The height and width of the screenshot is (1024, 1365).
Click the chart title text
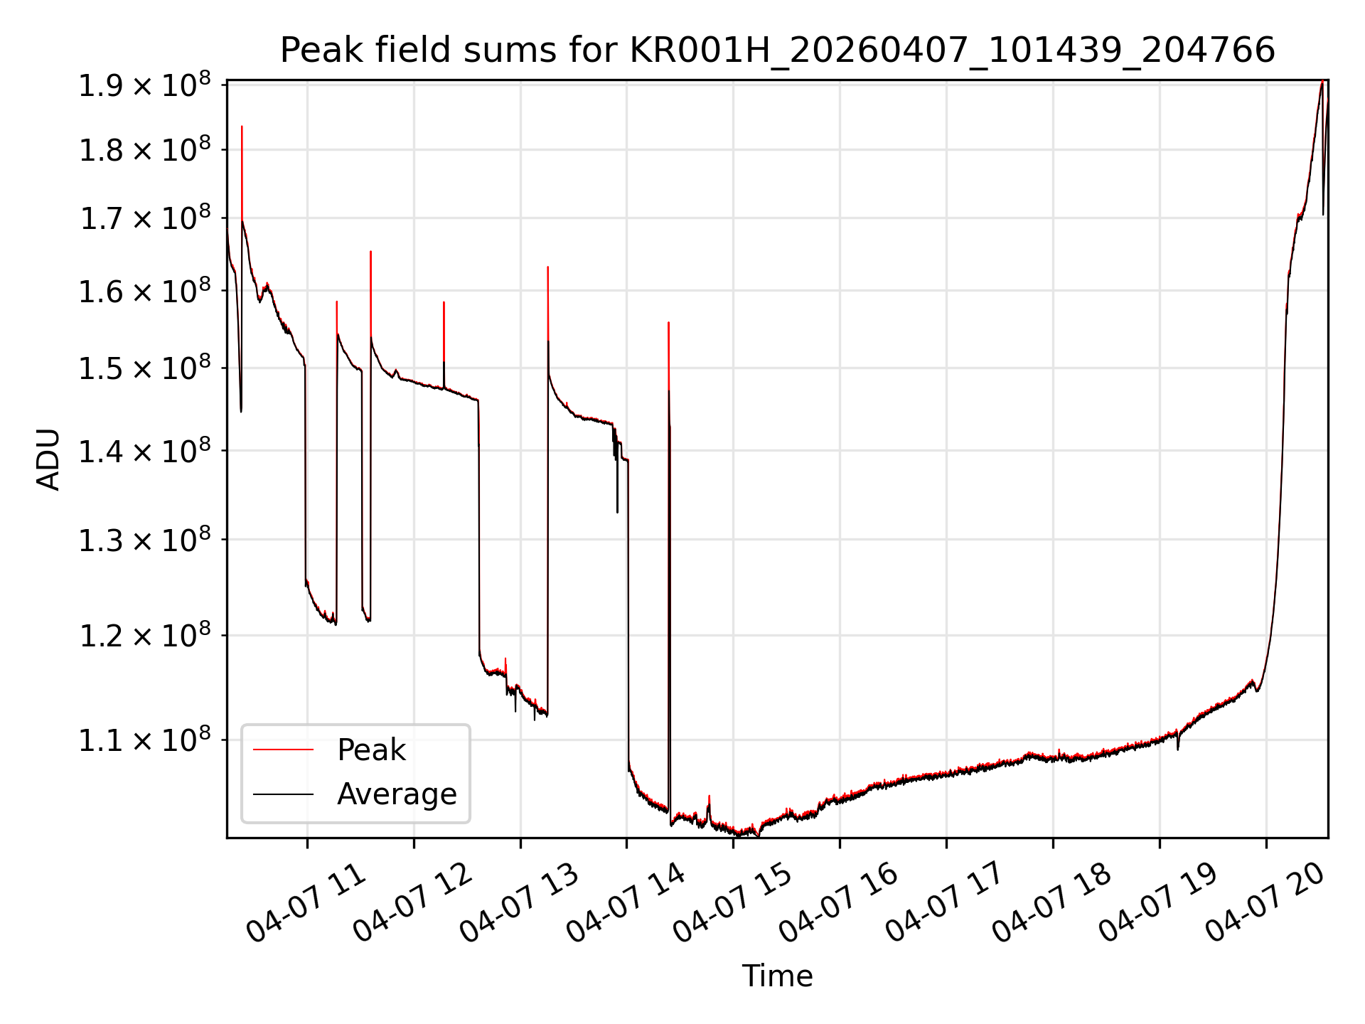click(777, 50)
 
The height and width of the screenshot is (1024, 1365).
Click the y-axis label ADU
click(48, 459)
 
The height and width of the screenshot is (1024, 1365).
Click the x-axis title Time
click(777, 976)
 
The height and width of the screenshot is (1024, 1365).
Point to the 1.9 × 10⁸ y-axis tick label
click(144, 85)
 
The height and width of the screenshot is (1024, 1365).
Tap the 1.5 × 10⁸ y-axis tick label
click(144, 368)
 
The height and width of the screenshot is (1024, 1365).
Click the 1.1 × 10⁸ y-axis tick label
click(144, 740)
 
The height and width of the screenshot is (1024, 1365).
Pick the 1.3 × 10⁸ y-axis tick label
click(144, 540)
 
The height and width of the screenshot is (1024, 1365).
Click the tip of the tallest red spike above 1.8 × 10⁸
click(242, 127)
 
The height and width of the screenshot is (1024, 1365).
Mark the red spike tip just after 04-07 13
click(547, 267)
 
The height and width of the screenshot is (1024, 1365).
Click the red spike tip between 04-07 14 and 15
click(668, 323)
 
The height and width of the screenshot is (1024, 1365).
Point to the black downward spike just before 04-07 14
click(617, 512)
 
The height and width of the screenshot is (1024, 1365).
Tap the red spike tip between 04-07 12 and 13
click(444, 302)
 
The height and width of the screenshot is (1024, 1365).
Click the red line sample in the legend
click(283, 750)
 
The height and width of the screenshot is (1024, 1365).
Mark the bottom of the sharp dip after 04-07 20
click(1323, 214)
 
